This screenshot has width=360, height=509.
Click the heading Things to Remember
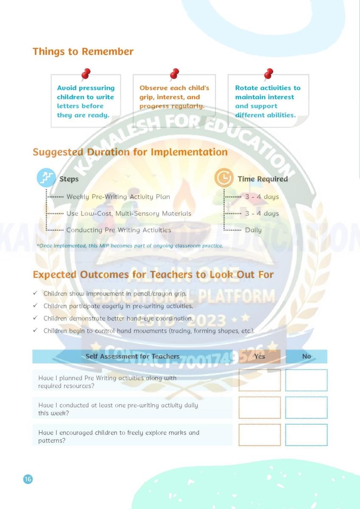tap(83, 52)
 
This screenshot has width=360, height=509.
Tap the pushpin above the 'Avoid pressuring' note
tap(86, 75)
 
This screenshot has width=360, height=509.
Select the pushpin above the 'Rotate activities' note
tap(268, 75)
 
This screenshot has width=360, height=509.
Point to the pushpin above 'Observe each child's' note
tap(174, 75)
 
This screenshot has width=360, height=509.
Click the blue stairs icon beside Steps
tap(46, 178)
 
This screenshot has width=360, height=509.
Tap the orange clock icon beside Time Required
tap(223, 178)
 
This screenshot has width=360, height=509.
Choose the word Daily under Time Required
tap(253, 230)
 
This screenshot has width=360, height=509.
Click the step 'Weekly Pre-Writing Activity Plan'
tap(118, 197)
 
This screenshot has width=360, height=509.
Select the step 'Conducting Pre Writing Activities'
tap(119, 230)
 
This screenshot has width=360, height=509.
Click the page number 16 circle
tap(28, 479)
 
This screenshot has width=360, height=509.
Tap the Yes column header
tap(260, 357)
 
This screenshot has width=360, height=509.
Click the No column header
tap(306, 357)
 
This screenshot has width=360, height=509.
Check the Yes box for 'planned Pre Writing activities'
tap(260, 380)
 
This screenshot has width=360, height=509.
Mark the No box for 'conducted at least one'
tap(306, 408)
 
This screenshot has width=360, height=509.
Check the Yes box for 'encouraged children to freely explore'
tap(260, 435)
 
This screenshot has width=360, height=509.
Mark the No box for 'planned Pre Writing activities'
tap(306, 380)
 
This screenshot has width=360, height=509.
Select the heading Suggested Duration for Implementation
tap(130, 152)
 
